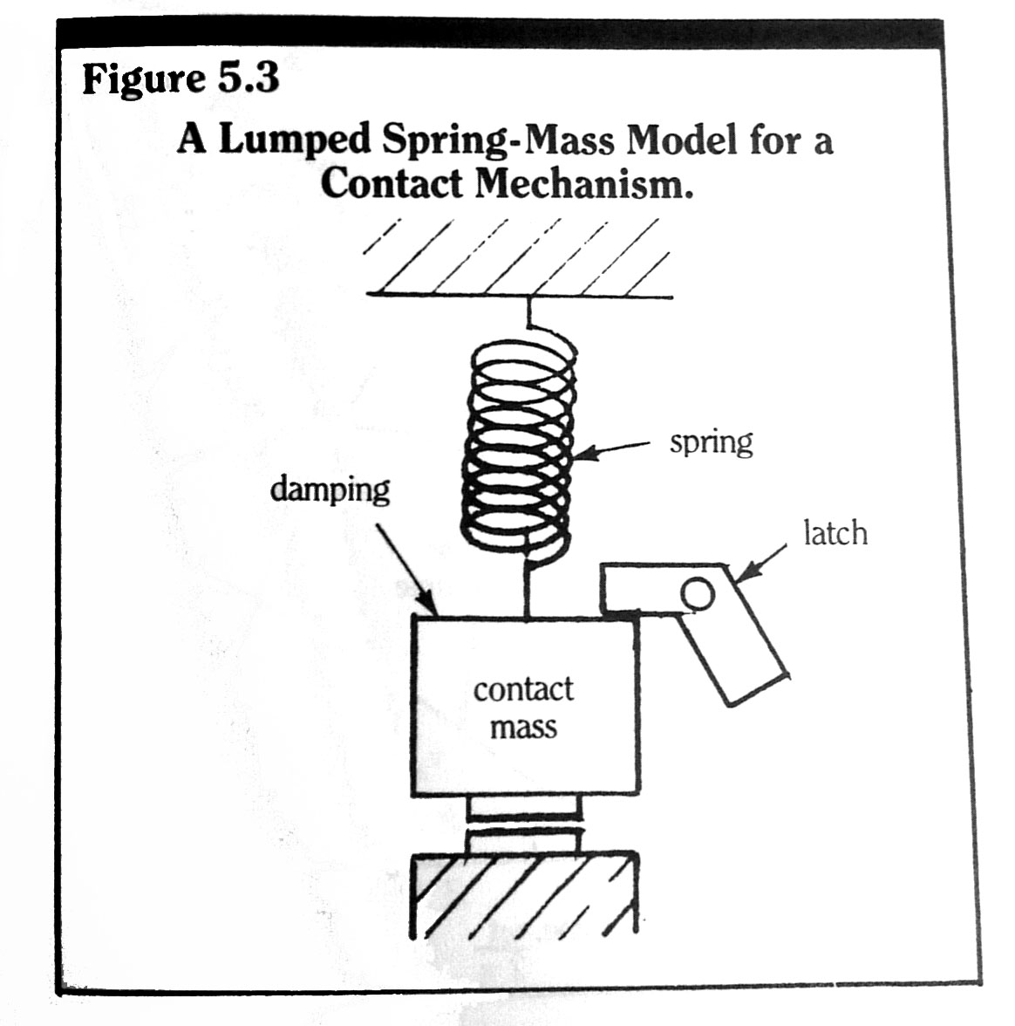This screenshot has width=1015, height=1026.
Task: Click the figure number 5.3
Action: pyautogui.click(x=249, y=79)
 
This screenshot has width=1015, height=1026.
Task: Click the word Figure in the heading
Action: pyautogui.click(x=144, y=79)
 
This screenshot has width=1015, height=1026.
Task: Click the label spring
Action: pyautogui.click(x=711, y=442)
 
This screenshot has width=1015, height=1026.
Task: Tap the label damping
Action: pyautogui.click(x=330, y=489)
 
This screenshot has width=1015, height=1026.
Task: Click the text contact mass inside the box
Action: pyautogui.click(x=523, y=707)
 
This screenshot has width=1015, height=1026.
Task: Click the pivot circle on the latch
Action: pyautogui.click(x=698, y=595)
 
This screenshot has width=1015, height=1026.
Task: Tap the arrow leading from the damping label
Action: pyautogui.click(x=405, y=567)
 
